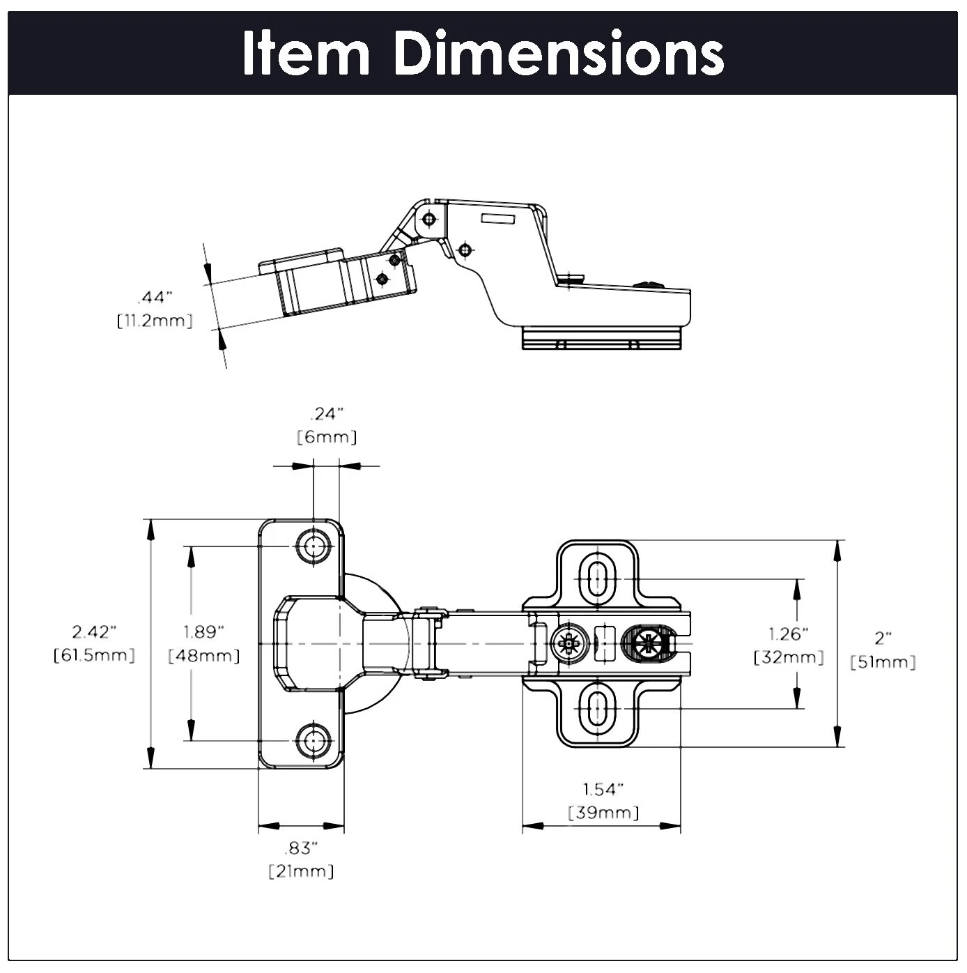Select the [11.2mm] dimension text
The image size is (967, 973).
(155, 321)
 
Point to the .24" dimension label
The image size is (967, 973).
(327, 414)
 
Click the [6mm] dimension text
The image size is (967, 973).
(327, 437)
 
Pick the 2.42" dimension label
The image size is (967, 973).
(95, 631)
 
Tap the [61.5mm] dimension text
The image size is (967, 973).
(95, 655)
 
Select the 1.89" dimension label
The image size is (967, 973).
(203, 631)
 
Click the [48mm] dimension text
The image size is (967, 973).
(203, 655)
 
